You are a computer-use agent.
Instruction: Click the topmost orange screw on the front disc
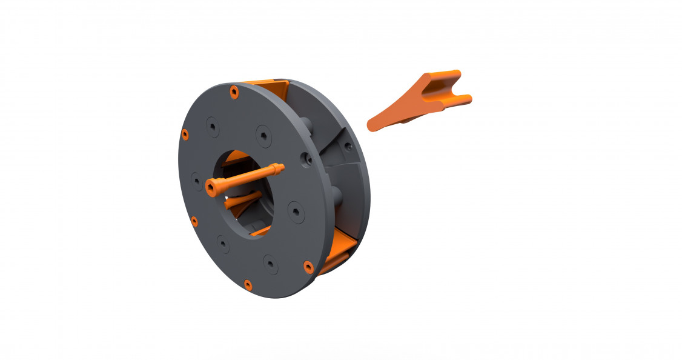coord(234,92)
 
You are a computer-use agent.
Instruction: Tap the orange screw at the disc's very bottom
coord(247,284)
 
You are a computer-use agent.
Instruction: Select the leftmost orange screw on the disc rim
coord(185,133)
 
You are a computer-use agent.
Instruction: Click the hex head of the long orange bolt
coord(210,190)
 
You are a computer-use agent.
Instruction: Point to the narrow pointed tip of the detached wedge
coord(371,125)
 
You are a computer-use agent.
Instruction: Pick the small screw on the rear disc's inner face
coord(348,145)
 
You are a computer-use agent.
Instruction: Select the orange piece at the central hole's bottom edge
coord(261,231)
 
